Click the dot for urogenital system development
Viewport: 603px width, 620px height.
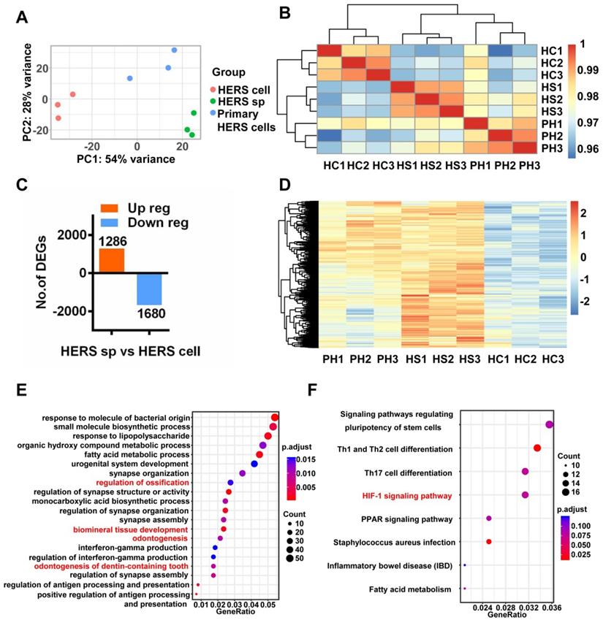pyautogui.click(x=254, y=463)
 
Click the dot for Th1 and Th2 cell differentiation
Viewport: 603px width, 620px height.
pyautogui.click(x=537, y=448)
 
